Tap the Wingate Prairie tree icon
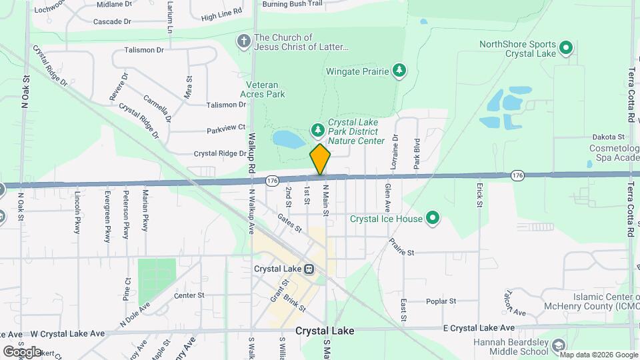pos(399,70)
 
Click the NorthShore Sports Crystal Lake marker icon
pos(566,48)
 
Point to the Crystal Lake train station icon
pos(309,269)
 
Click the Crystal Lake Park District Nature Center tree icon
pos(319,128)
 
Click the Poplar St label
pos(441,301)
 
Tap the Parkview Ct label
pos(226,127)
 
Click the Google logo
pos(22,351)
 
